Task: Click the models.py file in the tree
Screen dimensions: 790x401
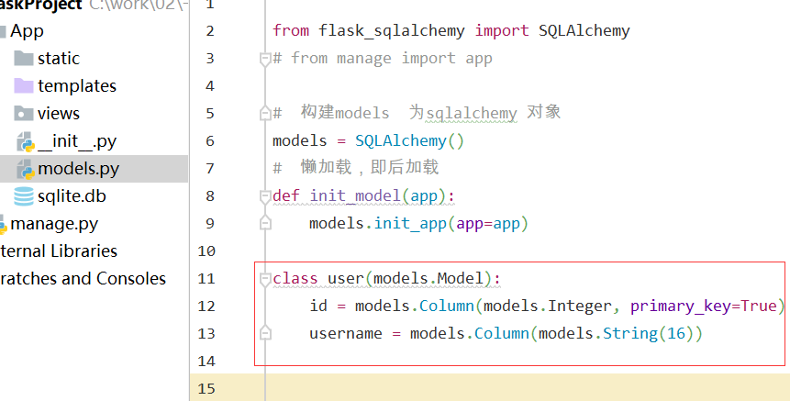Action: point(78,169)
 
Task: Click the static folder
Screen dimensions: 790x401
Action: point(58,59)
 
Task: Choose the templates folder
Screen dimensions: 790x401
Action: point(76,86)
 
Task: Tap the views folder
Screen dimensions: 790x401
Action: point(58,114)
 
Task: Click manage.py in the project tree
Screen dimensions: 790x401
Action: point(53,224)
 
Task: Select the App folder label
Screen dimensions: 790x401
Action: point(27,31)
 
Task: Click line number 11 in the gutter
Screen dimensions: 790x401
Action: point(205,278)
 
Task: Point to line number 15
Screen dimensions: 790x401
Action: point(205,388)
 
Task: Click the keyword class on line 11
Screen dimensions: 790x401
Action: point(295,278)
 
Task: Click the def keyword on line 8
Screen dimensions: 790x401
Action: point(285,195)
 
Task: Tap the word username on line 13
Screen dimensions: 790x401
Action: point(345,333)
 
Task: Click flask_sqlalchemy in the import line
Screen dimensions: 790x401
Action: point(392,30)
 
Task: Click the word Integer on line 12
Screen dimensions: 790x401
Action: point(584,306)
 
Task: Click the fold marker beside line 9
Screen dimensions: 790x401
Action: point(265,223)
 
